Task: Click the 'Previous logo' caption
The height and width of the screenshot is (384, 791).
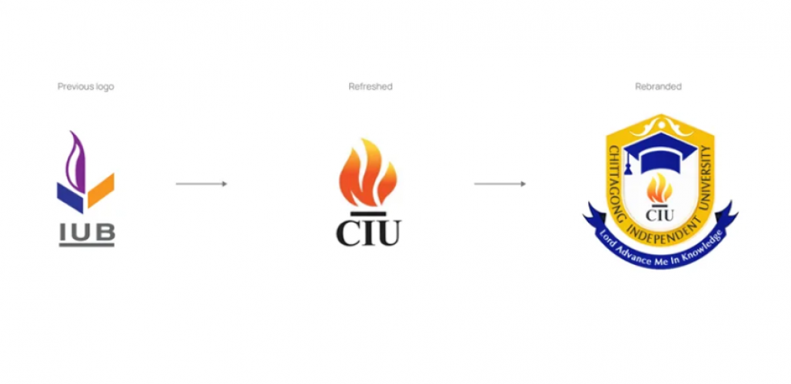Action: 85,87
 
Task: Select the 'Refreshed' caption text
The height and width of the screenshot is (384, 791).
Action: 370,87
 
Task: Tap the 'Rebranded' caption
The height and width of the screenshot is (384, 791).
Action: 658,87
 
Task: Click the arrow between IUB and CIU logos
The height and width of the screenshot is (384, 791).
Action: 201,184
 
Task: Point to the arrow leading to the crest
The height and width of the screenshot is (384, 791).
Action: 500,184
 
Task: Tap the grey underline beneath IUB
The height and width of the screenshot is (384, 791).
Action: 86,245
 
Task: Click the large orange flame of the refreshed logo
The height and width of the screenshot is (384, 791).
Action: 367,173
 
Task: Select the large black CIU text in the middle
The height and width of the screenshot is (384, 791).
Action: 367,231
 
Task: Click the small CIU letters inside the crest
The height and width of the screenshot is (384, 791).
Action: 660,214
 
